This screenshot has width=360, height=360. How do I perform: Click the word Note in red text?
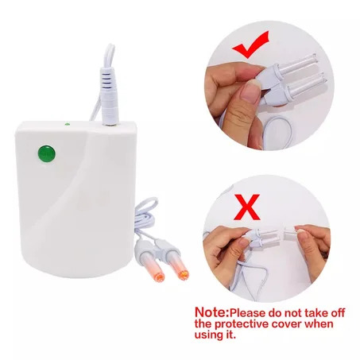point(212,312)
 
